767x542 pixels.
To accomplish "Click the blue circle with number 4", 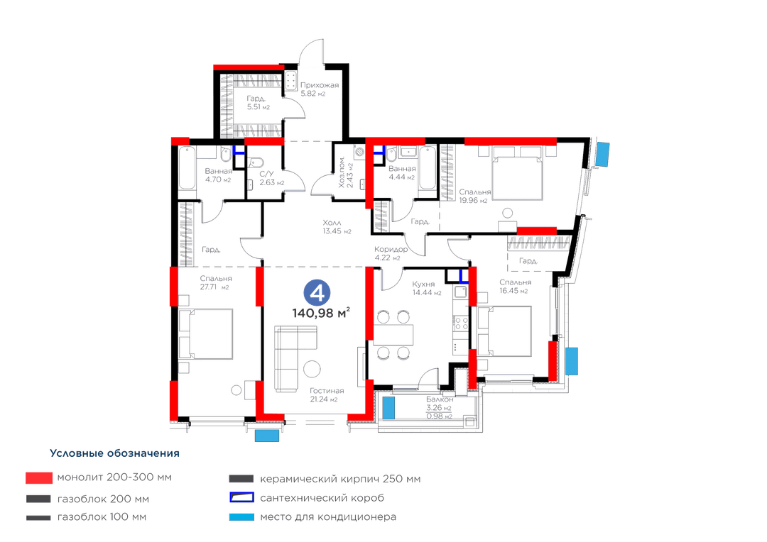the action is click(x=317, y=293).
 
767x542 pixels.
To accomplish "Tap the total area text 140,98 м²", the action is click(x=321, y=313).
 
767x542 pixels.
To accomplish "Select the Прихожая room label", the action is click(x=320, y=85).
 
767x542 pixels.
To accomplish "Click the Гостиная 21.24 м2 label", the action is click(x=327, y=395).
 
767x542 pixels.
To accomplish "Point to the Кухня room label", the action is click(x=423, y=284).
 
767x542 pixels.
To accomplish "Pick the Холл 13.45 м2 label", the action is click(x=337, y=227).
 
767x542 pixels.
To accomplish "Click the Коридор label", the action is click(x=391, y=249).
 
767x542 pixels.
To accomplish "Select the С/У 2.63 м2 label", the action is click(x=271, y=178).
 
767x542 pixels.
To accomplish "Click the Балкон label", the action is click(x=440, y=399).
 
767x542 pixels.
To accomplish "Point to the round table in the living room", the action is click(x=312, y=368).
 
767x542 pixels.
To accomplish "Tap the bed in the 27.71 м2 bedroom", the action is click(x=205, y=334).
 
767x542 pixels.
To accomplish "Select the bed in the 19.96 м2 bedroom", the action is click(x=517, y=172).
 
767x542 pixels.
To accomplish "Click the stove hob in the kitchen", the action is click(x=462, y=323).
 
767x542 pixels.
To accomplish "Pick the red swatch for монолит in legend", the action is click(x=39, y=478).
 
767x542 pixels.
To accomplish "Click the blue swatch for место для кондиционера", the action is click(x=241, y=517).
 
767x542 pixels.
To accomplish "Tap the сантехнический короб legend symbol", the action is click(x=241, y=498).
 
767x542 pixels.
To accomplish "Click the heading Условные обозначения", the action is click(x=114, y=453).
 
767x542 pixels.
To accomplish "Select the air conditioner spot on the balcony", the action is click(x=388, y=408).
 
